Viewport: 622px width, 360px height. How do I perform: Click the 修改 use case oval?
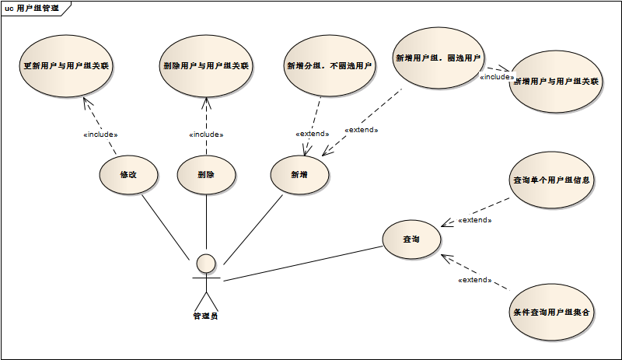(x=128, y=175)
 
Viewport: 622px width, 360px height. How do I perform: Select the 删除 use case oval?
(x=206, y=175)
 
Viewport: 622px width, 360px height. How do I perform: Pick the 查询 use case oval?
(x=411, y=239)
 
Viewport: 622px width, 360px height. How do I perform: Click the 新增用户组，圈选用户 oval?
(x=439, y=58)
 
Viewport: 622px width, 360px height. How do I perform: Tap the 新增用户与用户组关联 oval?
(x=556, y=82)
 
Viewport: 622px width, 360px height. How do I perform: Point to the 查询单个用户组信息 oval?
(x=551, y=180)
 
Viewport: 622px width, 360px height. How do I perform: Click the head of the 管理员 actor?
(x=206, y=263)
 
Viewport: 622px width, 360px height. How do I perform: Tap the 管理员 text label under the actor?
(x=206, y=316)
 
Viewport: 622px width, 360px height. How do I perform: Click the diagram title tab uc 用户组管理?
(x=32, y=7)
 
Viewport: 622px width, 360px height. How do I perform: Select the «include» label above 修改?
(x=100, y=134)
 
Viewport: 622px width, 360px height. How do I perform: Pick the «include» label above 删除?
(x=206, y=134)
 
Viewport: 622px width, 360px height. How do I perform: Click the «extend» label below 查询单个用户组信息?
(x=474, y=220)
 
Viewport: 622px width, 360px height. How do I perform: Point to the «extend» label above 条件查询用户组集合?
(x=474, y=279)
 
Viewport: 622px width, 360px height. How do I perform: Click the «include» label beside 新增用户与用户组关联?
(x=496, y=77)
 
